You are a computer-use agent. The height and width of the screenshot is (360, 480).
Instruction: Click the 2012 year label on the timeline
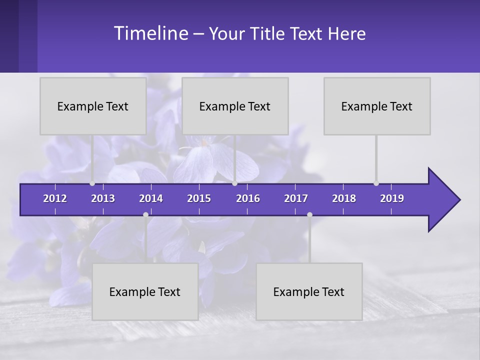(x=55, y=198)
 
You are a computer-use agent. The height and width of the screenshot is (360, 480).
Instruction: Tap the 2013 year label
(x=103, y=198)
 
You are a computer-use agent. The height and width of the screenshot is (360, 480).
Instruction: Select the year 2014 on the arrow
(x=151, y=198)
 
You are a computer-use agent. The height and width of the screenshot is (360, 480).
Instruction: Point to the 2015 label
(x=199, y=198)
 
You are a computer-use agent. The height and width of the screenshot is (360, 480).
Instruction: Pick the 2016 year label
(x=248, y=198)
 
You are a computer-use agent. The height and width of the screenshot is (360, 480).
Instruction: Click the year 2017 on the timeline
(x=296, y=198)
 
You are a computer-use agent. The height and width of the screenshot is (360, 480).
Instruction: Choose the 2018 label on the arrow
(x=344, y=198)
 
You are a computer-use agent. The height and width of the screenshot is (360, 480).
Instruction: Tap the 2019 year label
(x=392, y=198)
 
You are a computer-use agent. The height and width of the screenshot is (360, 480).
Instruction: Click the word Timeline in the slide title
(x=150, y=33)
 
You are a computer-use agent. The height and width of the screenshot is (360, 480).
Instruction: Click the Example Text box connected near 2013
(x=93, y=106)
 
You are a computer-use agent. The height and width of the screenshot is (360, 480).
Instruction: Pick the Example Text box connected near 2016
(x=235, y=106)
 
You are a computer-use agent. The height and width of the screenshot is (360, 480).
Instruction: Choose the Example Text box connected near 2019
(x=377, y=106)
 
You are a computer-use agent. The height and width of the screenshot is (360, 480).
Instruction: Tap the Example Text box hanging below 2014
(x=145, y=291)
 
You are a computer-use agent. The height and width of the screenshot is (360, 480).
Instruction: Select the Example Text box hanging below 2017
(x=309, y=291)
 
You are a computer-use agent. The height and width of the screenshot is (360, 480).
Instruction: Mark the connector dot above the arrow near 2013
(x=92, y=183)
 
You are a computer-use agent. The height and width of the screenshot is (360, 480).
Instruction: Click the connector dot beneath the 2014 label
(x=145, y=214)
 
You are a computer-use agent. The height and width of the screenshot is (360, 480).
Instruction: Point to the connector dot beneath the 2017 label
(x=309, y=214)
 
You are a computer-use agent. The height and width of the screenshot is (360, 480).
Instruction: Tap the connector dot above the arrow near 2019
(x=376, y=183)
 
